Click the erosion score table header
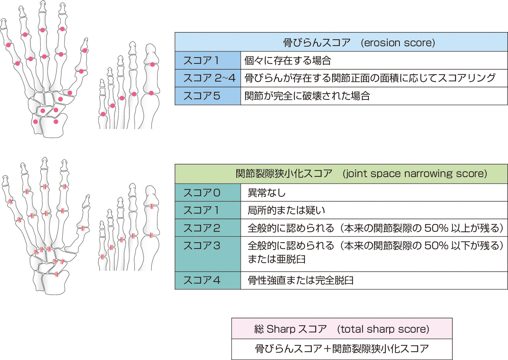[341, 42]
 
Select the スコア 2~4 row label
[208, 78]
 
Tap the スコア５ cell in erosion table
[208, 96]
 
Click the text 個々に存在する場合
[288, 60]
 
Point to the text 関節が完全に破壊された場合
[307, 96]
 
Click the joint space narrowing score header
[341, 174]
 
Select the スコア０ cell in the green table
[208, 193]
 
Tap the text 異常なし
[267, 193]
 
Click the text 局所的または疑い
[286, 210]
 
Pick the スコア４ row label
[208, 280]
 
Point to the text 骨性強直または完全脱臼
[300, 280]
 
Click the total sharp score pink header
[342, 329]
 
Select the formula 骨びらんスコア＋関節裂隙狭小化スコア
[342, 349]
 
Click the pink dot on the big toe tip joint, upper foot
[153, 64]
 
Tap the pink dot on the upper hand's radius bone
[56, 122]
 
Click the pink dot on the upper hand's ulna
[35, 122]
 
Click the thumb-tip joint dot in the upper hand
[84, 50]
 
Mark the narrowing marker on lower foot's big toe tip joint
[152, 206]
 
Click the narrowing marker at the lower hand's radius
[57, 274]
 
